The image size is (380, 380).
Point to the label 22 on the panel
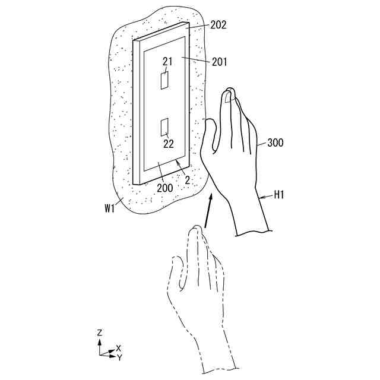coord(169,143)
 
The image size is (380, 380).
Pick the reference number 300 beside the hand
coord(275,143)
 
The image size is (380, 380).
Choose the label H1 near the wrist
coord(279,194)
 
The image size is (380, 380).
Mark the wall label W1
coord(109,208)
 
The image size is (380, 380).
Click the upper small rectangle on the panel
coord(164,80)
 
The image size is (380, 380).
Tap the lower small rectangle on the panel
coord(165,126)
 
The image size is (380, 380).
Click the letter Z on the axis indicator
coord(99,333)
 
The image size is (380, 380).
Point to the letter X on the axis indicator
coord(119,348)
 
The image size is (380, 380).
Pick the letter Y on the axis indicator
coord(119,357)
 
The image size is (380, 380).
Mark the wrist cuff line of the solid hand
coord(253,232)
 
